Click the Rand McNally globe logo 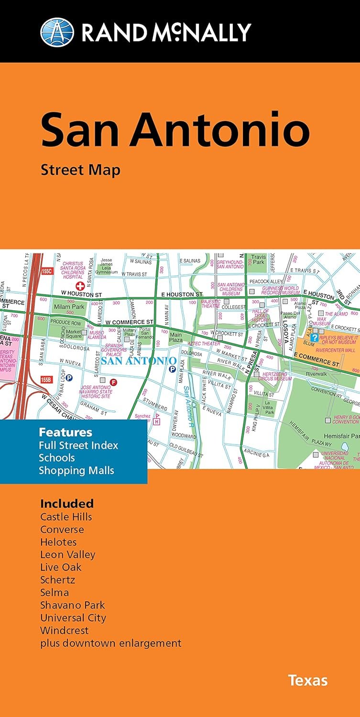click(x=57, y=32)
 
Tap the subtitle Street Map click(x=80, y=170)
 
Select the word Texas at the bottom click(x=307, y=680)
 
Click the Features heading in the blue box click(x=65, y=432)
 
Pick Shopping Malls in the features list click(x=77, y=470)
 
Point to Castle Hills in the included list click(x=66, y=517)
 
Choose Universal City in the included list click(x=73, y=618)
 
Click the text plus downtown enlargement click(x=110, y=643)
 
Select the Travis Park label click(x=258, y=259)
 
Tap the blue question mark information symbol click(x=315, y=337)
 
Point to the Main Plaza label click(x=176, y=338)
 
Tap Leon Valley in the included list click(x=67, y=554)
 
